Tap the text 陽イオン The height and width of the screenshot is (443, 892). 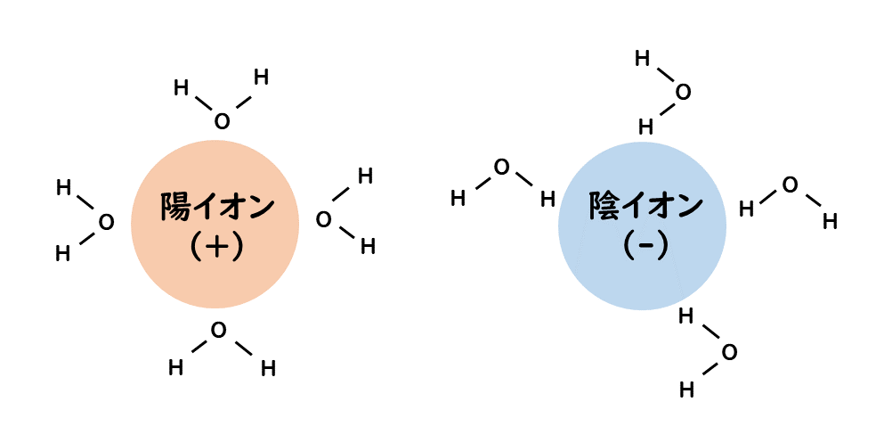[x=216, y=207]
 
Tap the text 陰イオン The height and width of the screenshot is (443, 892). [x=645, y=207]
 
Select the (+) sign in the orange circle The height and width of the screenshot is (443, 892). [x=216, y=246]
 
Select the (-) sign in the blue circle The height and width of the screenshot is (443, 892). [x=645, y=246]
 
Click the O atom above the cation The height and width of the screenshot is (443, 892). [x=222, y=121]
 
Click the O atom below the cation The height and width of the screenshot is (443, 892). [x=218, y=331]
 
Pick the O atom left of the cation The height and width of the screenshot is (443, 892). [x=106, y=222]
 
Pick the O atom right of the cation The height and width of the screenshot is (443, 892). [x=324, y=218]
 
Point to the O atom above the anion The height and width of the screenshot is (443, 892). [x=683, y=92]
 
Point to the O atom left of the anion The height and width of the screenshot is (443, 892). [x=502, y=167]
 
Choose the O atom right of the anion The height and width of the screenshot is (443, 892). [x=790, y=185]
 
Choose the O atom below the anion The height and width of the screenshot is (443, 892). [x=729, y=353]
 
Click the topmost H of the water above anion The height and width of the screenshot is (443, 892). [x=642, y=59]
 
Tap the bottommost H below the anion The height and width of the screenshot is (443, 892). [x=686, y=390]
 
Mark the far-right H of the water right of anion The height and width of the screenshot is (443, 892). [x=830, y=221]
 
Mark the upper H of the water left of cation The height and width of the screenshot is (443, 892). [x=63, y=188]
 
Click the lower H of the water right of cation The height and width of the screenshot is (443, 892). [x=368, y=247]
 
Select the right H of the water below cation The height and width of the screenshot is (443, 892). [x=268, y=368]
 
